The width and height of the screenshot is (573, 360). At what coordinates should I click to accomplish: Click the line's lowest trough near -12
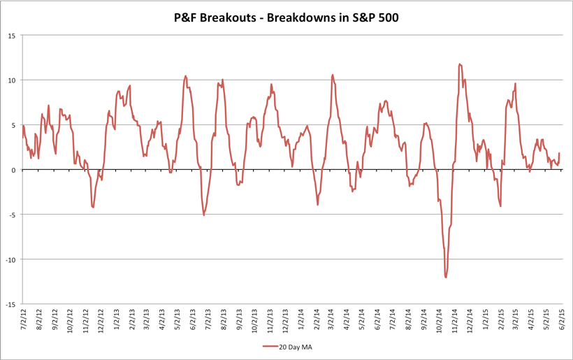(x=446, y=278)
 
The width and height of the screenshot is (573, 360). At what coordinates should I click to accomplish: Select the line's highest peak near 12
(x=460, y=64)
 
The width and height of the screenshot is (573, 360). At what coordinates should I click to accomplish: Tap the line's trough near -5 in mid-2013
(x=204, y=215)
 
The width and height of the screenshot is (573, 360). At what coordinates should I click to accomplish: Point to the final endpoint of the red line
(x=560, y=153)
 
